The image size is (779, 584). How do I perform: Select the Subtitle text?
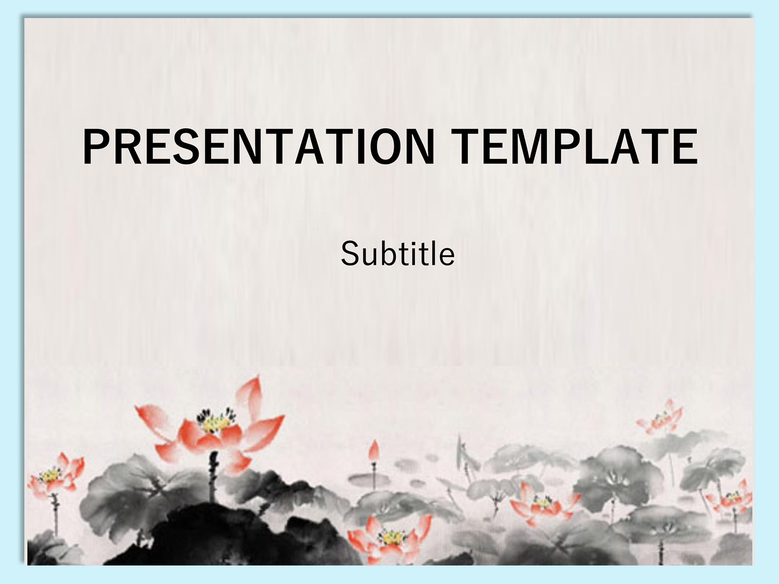(x=397, y=254)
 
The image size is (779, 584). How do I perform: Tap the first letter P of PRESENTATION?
(x=95, y=146)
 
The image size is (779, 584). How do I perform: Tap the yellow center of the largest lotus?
(x=216, y=422)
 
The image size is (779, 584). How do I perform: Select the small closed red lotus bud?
(x=374, y=451)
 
